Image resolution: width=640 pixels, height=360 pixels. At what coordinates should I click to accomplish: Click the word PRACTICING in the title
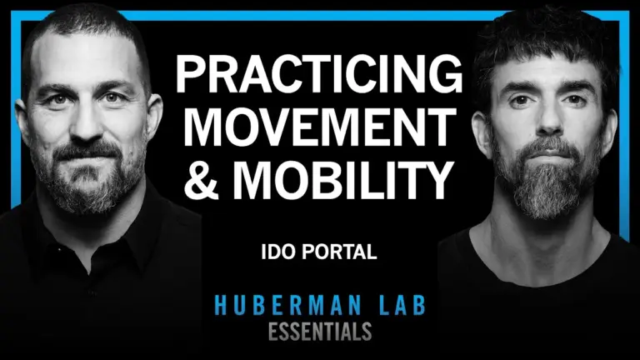click(318, 79)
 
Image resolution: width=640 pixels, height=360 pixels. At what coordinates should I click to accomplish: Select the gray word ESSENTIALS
click(320, 331)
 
